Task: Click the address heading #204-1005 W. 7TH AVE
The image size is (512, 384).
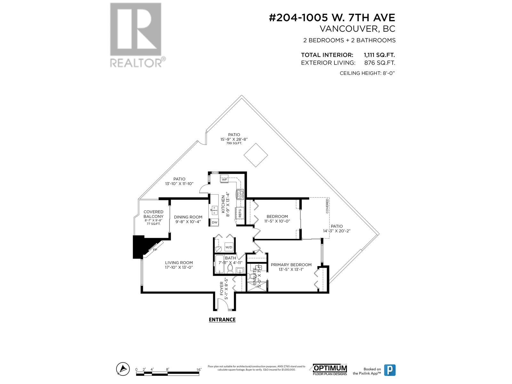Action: [x=332, y=18]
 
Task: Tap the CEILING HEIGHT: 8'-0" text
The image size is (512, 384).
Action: [x=367, y=73]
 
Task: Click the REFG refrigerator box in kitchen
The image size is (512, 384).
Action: [x=240, y=213]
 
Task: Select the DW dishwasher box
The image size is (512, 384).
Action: [x=214, y=222]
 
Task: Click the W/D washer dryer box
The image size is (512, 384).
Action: [x=228, y=247]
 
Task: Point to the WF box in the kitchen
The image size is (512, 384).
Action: [x=224, y=180]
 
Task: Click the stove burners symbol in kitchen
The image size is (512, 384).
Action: [x=240, y=194]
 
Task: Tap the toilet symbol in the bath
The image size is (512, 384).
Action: [x=230, y=269]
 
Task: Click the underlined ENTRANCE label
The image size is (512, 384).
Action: [x=222, y=320]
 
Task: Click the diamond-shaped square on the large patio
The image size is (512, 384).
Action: [x=256, y=155]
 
